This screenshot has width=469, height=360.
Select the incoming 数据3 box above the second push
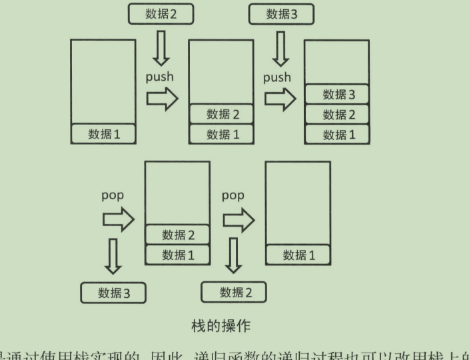[x=280, y=13]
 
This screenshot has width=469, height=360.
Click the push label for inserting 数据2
[x=160, y=77]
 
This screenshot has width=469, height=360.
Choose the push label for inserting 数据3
[x=277, y=77]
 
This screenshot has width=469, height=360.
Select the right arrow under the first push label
[x=163, y=99]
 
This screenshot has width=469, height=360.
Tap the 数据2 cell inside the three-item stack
[x=336, y=114]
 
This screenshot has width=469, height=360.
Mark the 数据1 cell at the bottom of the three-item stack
[x=336, y=133]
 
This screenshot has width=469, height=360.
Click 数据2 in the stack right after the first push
[x=222, y=115]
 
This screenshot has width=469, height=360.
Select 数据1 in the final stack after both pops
[x=298, y=255]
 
